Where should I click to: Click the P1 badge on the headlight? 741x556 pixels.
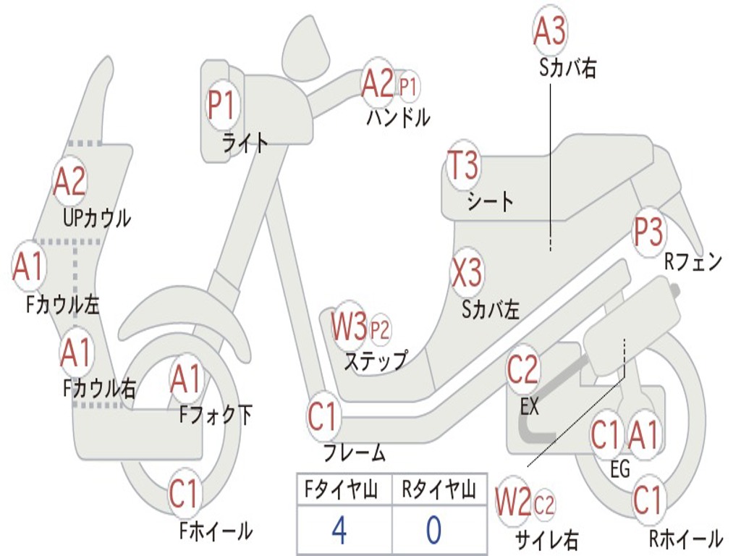[x=221, y=105]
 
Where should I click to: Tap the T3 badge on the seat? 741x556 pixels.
[x=463, y=164]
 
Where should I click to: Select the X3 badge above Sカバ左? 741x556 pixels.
[x=467, y=272]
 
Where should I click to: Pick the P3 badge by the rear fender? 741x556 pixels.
[x=648, y=232]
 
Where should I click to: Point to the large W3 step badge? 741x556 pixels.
[x=349, y=326]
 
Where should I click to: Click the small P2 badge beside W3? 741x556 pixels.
[x=380, y=329]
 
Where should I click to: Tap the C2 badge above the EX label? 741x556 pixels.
[x=522, y=369]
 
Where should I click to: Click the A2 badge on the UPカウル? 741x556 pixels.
[x=69, y=181]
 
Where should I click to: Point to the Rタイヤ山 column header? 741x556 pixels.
[x=439, y=489]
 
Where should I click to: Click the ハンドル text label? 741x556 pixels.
[x=399, y=117]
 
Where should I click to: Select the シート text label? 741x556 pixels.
[x=490, y=201]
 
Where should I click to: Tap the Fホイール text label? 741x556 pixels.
[x=216, y=531]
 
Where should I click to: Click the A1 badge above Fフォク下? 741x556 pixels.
[x=186, y=379]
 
